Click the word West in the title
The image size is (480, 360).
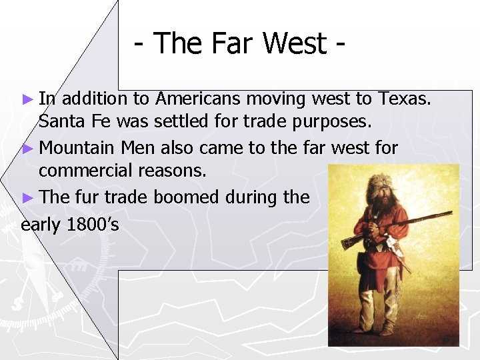point(294,44)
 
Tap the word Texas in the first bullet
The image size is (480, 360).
point(404,99)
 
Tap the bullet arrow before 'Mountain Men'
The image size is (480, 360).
point(27,147)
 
